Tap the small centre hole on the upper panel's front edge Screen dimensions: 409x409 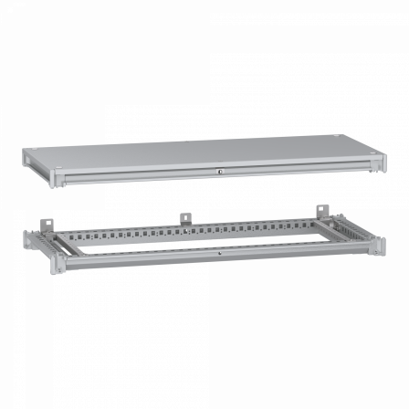[220, 171]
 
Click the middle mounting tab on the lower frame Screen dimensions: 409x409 [184, 218]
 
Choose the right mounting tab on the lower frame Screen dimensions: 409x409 [321, 213]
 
